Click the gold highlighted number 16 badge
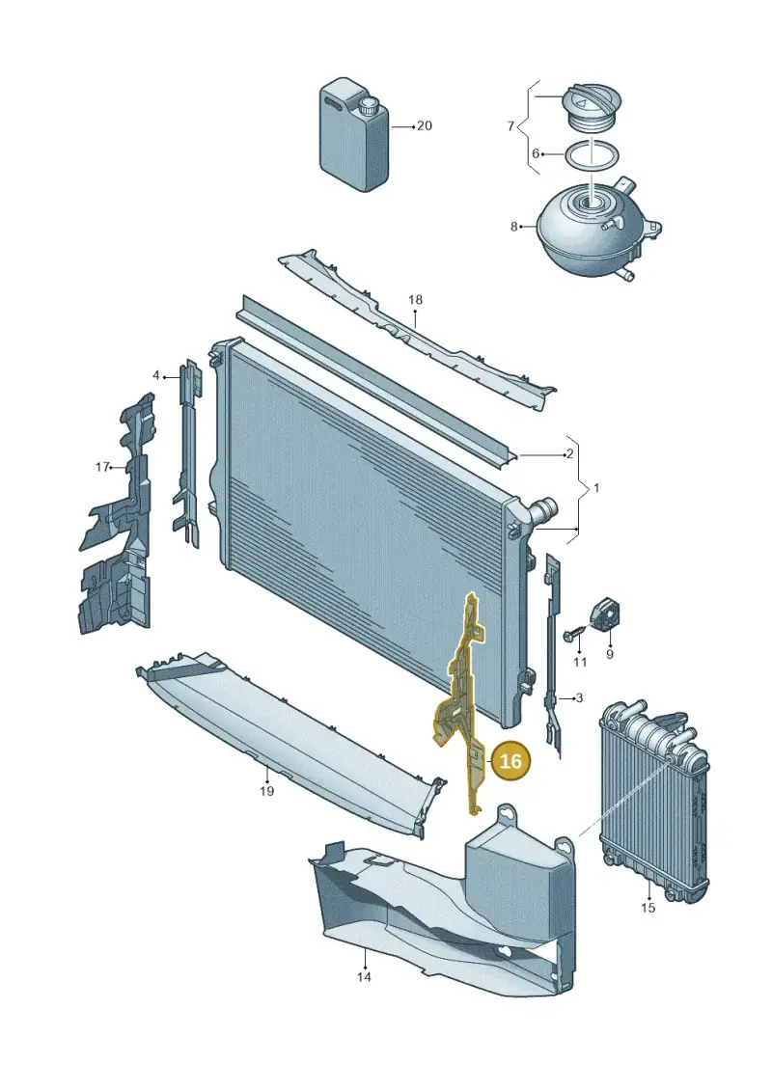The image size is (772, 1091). pos(510,760)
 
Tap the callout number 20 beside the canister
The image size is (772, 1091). pos(424,126)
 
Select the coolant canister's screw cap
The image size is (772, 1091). pos(368,108)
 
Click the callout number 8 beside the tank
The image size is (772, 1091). pos(514,227)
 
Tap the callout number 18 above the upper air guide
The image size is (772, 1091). pos(415,300)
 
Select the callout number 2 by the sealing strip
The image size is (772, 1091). pos(569,454)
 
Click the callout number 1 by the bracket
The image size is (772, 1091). pos(595,488)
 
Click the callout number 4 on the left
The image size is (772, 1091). pos(156,376)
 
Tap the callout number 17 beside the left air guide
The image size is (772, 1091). pos(102,467)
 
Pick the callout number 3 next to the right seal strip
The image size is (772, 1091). pos(579,697)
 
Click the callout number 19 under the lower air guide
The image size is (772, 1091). pos(266,791)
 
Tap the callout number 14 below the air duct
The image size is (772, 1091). pos(364,977)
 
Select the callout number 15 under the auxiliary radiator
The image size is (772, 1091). pos(648,908)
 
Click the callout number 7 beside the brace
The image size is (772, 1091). pos(510,126)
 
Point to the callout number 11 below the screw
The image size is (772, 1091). pos(580,663)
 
